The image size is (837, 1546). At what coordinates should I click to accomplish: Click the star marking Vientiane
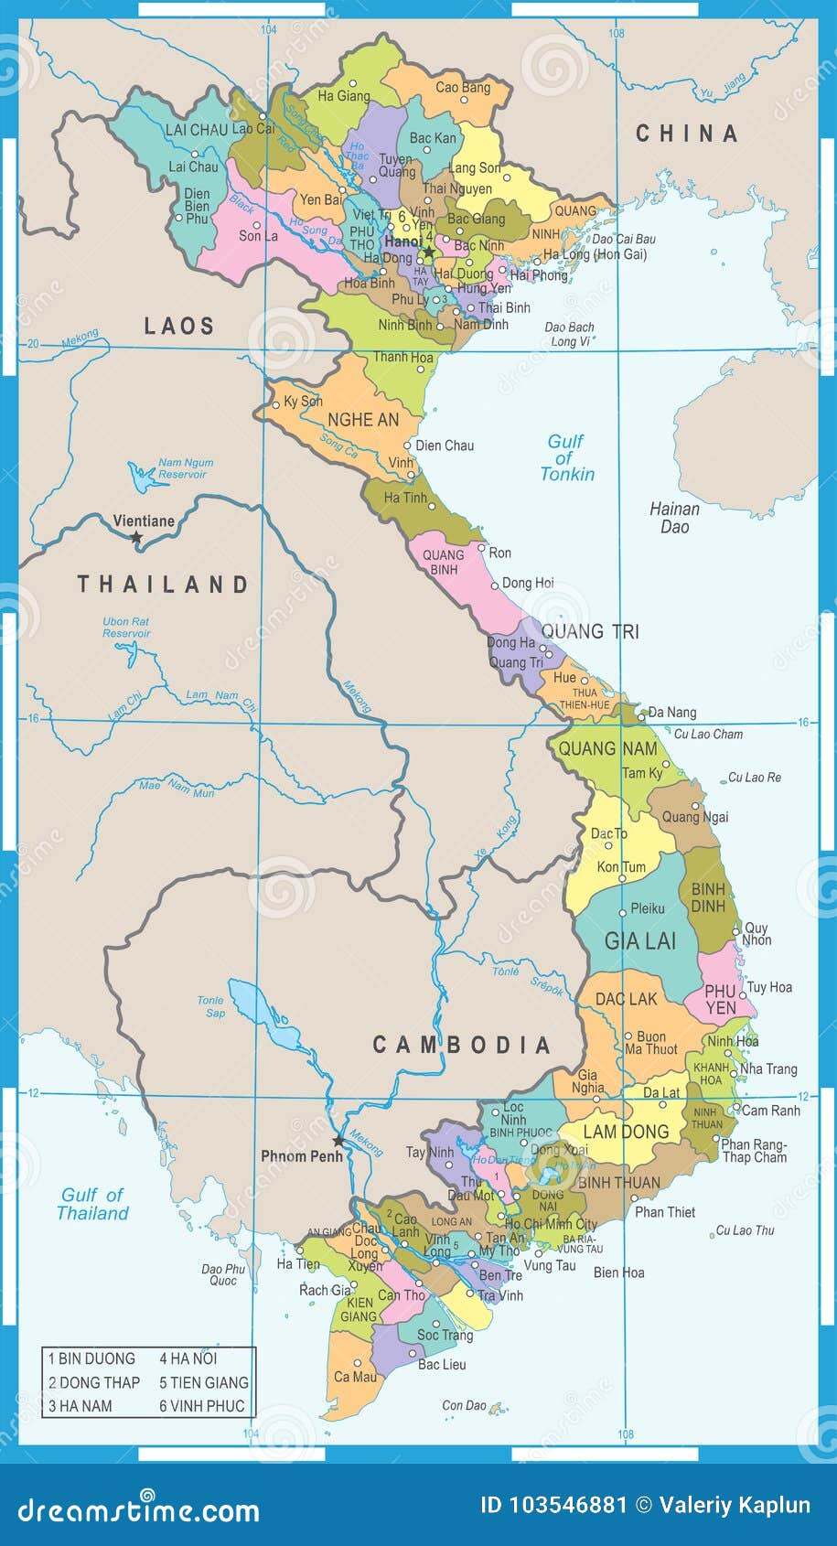pyautogui.click(x=136, y=538)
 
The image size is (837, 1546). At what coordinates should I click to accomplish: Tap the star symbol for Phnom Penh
pyautogui.click(x=338, y=1141)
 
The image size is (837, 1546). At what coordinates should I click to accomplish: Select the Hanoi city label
pyautogui.click(x=402, y=242)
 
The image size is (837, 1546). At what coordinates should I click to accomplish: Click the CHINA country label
pyautogui.click(x=686, y=134)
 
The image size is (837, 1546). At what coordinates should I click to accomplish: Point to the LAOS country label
pyautogui.click(x=179, y=326)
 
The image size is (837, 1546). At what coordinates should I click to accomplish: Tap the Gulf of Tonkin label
pyautogui.click(x=566, y=457)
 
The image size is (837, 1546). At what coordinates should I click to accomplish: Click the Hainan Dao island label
pyautogui.click(x=674, y=518)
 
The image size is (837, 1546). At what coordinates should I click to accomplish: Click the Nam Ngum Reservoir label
pyautogui.click(x=185, y=468)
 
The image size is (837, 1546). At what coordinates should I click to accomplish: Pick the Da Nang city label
pyautogui.click(x=671, y=712)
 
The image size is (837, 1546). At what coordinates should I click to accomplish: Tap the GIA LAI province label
pyautogui.click(x=639, y=940)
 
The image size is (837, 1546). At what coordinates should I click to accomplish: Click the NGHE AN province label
pyautogui.click(x=363, y=420)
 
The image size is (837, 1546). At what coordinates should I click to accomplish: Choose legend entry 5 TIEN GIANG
pyautogui.click(x=203, y=1382)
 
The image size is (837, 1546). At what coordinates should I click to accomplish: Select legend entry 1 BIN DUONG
pyautogui.click(x=91, y=1358)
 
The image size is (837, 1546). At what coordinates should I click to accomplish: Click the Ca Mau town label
pyautogui.click(x=354, y=1377)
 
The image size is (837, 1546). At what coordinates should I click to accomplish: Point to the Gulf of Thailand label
pyautogui.click(x=92, y=1204)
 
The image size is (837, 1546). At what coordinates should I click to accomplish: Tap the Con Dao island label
pyautogui.click(x=465, y=1405)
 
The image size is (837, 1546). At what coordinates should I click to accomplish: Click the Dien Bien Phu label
pyautogui.click(x=197, y=206)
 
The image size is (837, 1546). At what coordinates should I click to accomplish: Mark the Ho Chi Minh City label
pyautogui.click(x=550, y=1224)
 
